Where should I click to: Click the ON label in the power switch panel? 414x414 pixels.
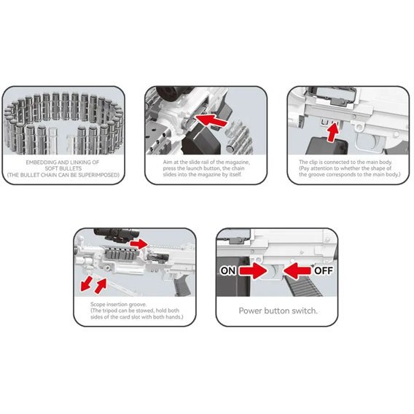point(228,270)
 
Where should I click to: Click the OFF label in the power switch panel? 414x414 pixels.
point(324,270)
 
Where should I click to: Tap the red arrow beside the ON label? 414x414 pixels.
point(253,270)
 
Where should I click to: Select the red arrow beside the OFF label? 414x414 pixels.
point(297,270)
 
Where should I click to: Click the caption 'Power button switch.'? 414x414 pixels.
point(278,310)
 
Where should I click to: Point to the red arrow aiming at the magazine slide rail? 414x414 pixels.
point(211,120)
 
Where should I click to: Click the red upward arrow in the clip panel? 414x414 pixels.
point(333,132)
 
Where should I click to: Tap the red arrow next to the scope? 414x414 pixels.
point(139,243)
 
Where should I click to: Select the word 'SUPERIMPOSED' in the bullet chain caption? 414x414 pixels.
point(97,175)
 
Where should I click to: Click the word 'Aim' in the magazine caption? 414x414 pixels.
point(168,162)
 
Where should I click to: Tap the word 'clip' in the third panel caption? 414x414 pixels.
point(313,162)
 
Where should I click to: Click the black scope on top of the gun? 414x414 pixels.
point(116,235)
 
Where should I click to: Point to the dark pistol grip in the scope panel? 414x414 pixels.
point(182,285)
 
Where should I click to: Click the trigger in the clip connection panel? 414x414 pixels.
point(376,141)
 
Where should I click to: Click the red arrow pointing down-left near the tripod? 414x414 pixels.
point(86,284)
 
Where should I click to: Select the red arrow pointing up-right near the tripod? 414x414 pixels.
point(101,286)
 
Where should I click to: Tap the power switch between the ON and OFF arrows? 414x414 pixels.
point(275,271)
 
